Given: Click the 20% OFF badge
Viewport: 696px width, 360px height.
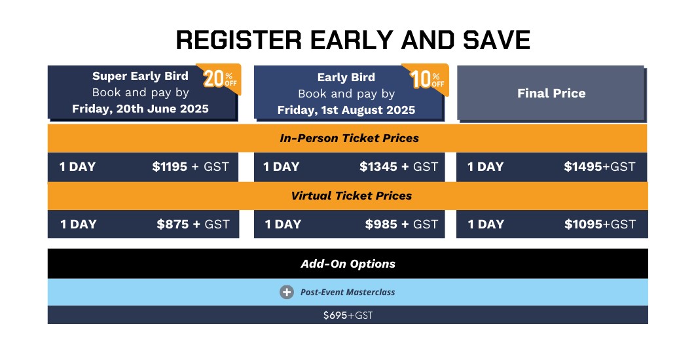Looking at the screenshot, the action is pyautogui.click(x=221, y=79).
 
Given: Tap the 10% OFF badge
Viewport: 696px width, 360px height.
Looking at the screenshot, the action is pyautogui.click(x=428, y=79).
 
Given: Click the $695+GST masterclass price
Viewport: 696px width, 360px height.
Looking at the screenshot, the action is pyautogui.click(x=348, y=315).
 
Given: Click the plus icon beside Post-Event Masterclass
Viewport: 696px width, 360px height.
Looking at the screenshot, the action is pyautogui.click(x=287, y=292).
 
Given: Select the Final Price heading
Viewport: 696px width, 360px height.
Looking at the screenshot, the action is pyautogui.click(x=551, y=93).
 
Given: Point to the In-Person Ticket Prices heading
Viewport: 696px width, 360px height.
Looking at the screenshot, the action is pyautogui.click(x=350, y=138).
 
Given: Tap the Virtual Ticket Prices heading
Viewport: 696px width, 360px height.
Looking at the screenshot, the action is pyautogui.click(x=352, y=196).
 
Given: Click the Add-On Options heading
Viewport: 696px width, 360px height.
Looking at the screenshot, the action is pyautogui.click(x=348, y=264).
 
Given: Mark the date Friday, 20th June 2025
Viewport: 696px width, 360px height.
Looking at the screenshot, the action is pyautogui.click(x=140, y=109).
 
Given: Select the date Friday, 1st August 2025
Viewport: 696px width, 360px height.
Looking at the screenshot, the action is pyautogui.click(x=346, y=111).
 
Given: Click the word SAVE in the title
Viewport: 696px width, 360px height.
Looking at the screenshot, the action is pyautogui.click(x=497, y=40).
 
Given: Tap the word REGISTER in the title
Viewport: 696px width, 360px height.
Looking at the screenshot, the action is pyautogui.click(x=239, y=40).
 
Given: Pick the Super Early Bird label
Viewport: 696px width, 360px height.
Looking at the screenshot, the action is pyautogui.click(x=140, y=77).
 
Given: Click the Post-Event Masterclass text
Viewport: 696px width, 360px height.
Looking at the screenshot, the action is pyautogui.click(x=348, y=293).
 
